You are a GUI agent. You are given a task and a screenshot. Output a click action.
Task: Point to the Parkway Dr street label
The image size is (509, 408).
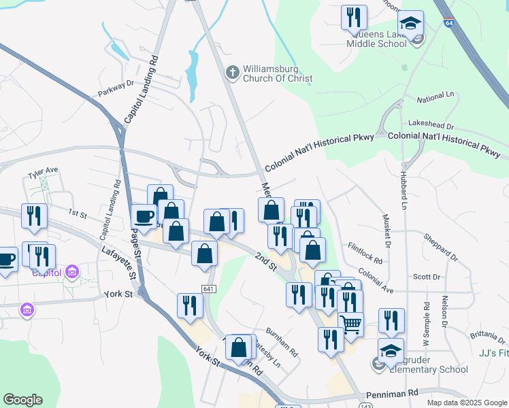point(116,88)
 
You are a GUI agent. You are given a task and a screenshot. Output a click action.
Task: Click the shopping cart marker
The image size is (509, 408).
point(350,324)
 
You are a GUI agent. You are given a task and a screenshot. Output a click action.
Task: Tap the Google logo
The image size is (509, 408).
point(22,400)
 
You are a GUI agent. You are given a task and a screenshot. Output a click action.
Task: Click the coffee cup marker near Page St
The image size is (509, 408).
point(144,217)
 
